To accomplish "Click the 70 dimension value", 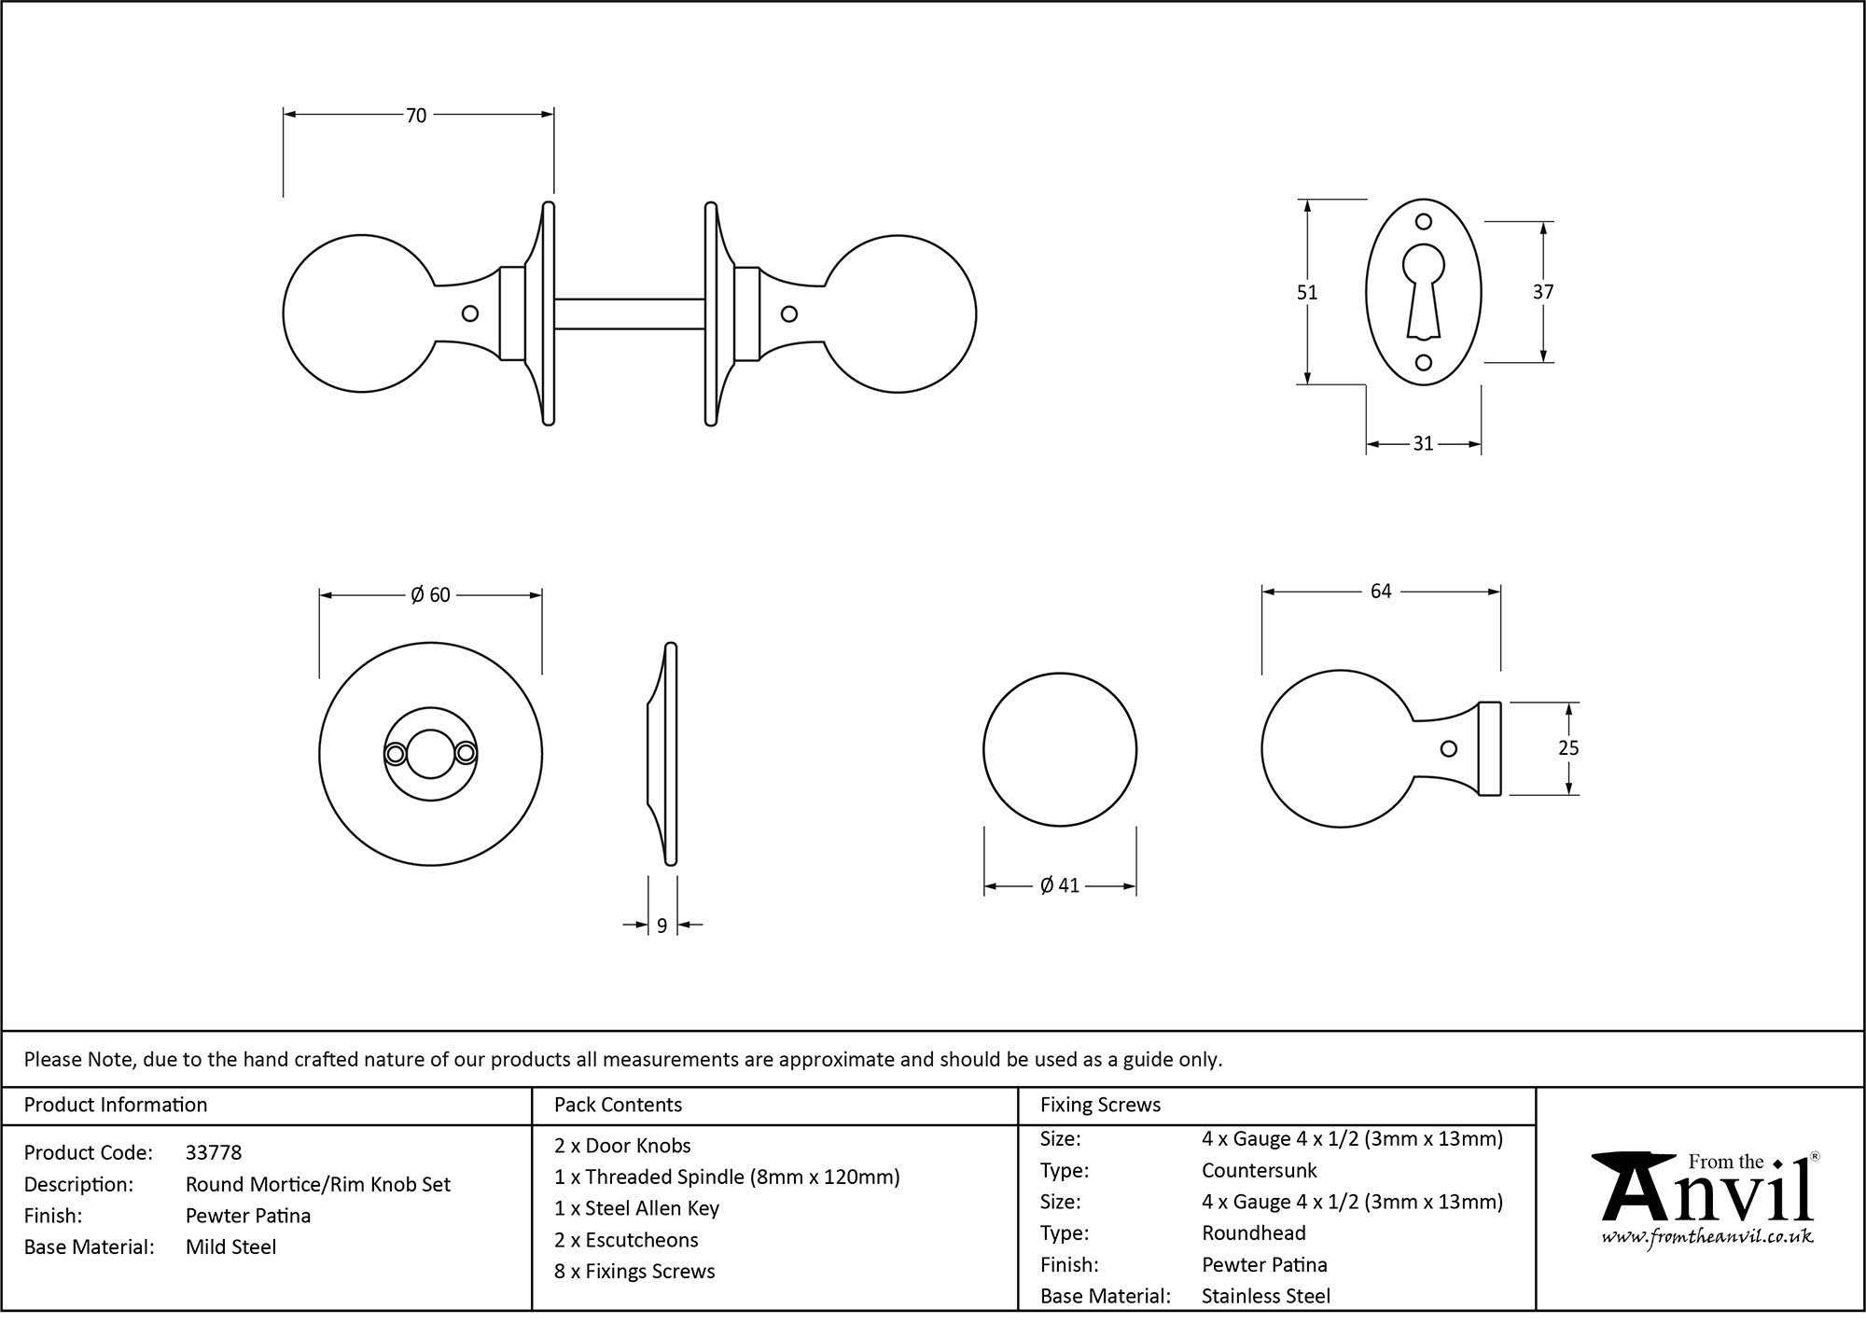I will (416, 116).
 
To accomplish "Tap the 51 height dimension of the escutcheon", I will (1307, 293).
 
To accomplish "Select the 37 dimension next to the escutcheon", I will (1543, 292).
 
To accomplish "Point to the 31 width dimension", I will (1423, 444).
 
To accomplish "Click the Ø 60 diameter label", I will (430, 595).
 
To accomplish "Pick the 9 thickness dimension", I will (661, 926).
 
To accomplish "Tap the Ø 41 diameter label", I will (1060, 885).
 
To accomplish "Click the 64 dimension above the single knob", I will (1381, 592).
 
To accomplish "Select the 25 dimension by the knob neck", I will (1568, 748).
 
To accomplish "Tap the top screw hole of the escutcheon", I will (1423, 222).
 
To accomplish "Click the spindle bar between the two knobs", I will (630, 313).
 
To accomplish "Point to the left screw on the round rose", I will (395, 753).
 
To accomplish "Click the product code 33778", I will (214, 1153).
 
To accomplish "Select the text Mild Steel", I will (230, 1247).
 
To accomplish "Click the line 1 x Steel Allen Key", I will (636, 1209).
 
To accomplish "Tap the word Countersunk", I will (1259, 1170).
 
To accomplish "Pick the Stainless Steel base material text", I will (1265, 1296).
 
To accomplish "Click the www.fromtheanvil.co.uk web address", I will (1707, 1238).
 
